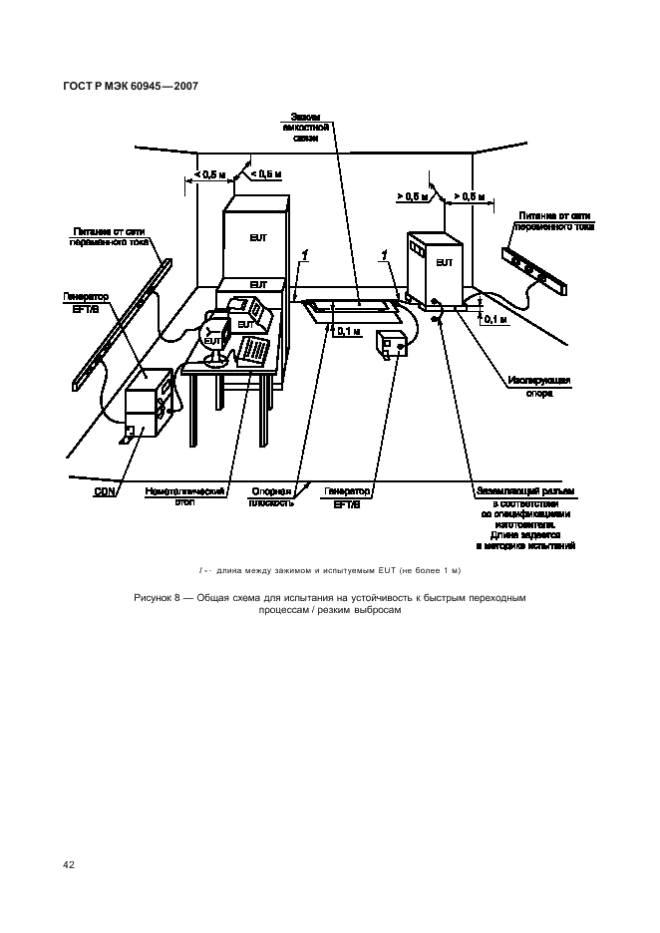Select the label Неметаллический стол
point(185,497)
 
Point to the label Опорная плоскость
point(270,497)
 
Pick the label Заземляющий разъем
point(526,491)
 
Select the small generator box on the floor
point(390,346)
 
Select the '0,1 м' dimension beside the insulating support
point(495,320)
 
